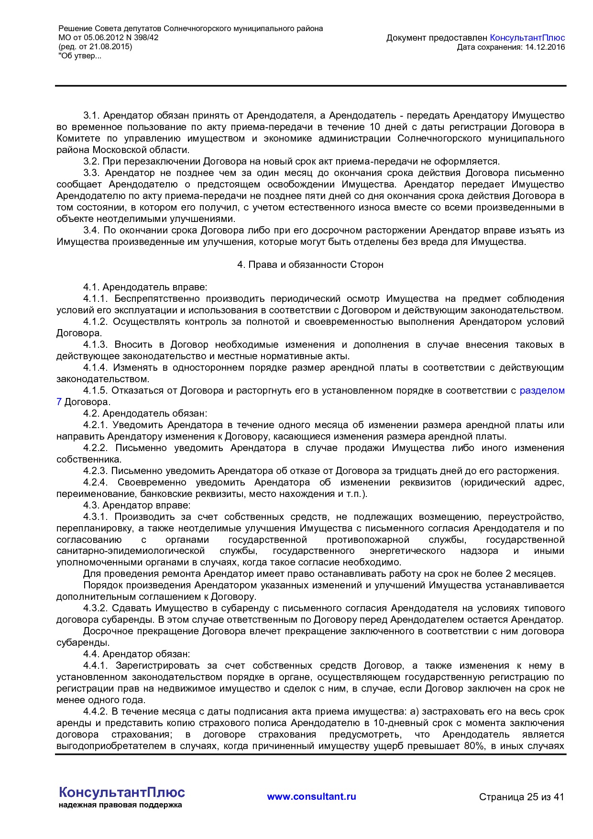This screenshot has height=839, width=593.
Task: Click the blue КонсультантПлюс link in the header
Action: tap(527, 38)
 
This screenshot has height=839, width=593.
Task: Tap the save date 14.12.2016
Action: tap(545, 47)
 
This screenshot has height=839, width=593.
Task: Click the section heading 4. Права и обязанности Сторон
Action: tap(310, 265)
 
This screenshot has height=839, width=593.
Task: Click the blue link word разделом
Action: tap(542, 390)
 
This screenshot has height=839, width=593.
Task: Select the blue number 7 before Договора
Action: tap(59, 402)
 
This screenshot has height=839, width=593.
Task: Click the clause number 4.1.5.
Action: tap(96, 390)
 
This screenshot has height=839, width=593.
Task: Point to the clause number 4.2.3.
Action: tap(96, 471)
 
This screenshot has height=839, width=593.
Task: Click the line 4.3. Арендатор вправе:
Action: tap(137, 505)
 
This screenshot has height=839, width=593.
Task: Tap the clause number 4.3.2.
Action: tap(96, 608)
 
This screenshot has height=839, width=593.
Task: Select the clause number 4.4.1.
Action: tap(96, 665)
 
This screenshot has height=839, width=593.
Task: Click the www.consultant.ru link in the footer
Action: tap(311, 796)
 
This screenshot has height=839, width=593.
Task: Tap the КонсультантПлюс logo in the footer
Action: tap(122, 792)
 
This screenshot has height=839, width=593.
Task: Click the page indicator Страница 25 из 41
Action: tap(521, 797)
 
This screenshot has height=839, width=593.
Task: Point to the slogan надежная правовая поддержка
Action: tap(121, 805)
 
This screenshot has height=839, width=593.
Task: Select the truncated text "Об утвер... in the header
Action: tap(80, 56)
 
